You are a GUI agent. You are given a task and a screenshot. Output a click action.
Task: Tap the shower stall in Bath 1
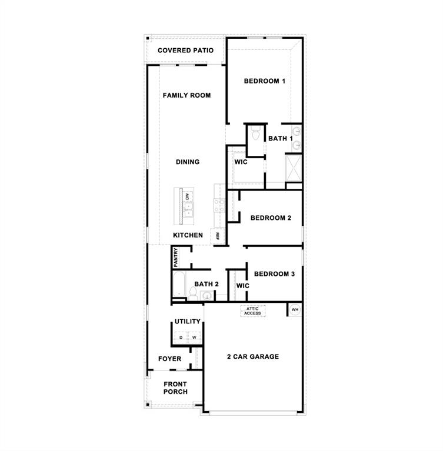click(293, 168)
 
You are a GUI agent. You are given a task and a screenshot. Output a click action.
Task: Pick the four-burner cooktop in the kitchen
click(219, 205)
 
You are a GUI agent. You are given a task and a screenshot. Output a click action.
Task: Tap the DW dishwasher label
click(188, 197)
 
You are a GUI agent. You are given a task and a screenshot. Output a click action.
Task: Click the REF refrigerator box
click(217, 236)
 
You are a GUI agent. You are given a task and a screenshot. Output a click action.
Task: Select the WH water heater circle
click(295, 309)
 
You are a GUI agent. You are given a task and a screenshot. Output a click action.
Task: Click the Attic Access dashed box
click(252, 311)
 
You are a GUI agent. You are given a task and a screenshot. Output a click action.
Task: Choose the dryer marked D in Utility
click(181, 338)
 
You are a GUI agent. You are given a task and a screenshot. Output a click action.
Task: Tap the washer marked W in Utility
click(194, 338)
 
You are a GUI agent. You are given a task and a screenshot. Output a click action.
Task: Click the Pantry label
click(176, 257)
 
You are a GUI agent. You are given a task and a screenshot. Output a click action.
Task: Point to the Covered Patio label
click(185, 51)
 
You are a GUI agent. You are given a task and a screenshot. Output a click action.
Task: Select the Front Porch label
click(175, 388)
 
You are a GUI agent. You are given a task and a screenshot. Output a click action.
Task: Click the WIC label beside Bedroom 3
click(242, 286)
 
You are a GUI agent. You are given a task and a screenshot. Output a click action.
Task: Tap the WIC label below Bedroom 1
click(241, 162)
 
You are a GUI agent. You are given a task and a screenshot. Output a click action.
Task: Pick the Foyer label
click(170, 359)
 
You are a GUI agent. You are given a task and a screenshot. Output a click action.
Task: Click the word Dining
click(188, 162)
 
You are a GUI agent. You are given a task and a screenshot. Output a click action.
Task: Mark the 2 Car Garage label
click(253, 356)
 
